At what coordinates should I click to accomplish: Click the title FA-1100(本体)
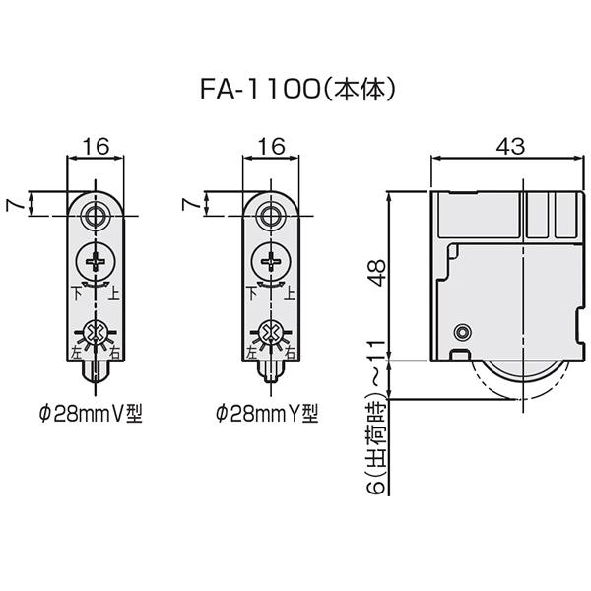point(297,90)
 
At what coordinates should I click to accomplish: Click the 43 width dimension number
point(510,146)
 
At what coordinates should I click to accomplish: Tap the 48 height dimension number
point(377,273)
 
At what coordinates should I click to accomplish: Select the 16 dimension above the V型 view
point(96,146)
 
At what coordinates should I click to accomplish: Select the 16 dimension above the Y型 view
point(272,146)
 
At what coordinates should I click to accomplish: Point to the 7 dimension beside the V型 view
point(14,205)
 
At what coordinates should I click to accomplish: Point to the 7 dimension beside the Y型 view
point(190,205)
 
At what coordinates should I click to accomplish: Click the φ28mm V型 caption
point(91,414)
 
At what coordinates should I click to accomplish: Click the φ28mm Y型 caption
point(267,414)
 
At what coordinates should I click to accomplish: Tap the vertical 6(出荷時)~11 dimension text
point(377,417)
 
